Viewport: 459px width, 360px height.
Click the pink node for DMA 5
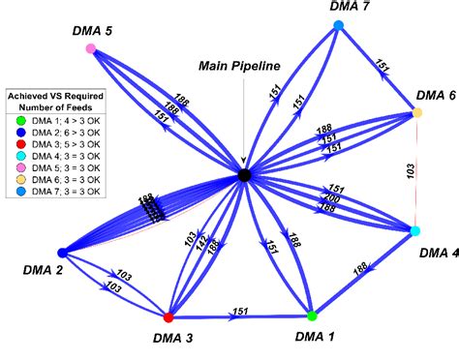pyautogui.click(x=91, y=48)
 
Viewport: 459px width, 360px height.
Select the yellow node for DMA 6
pyautogui.click(x=417, y=113)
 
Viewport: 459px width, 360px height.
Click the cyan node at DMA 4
pyautogui.click(x=415, y=231)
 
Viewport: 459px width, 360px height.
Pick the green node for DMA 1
pyautogui.click(x=312, y=315)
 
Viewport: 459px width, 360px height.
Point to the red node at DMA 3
pyautogui.click(x=168, y=316)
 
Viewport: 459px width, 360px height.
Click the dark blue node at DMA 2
pyautogui.click(x=62, y=253)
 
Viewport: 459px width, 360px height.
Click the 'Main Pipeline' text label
pyautogui.click(x=239, y=66)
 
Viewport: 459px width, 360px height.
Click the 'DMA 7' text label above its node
pyautogui.click(x=350, y=8)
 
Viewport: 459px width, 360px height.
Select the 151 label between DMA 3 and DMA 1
pyautogui.click(x=240, y=312)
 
